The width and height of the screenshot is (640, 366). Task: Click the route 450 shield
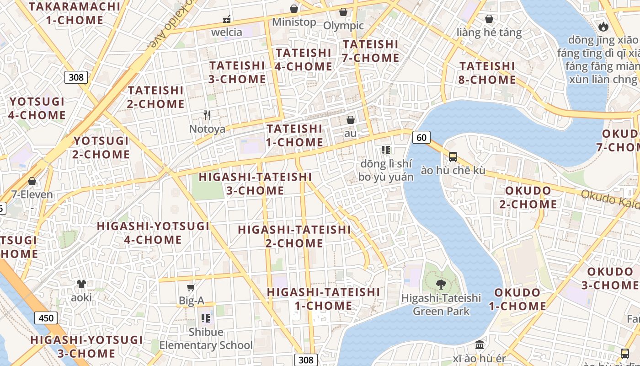[x=46, y=318]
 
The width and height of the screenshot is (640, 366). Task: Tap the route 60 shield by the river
[x=421, y=137]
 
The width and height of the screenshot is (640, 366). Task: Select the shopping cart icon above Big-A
[x=191, y=288]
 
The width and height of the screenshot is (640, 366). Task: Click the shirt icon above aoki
[x=81, y=284]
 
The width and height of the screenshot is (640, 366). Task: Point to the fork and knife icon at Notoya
[x=207, y=115]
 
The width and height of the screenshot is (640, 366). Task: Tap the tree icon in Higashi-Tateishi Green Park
[x=441, y=285]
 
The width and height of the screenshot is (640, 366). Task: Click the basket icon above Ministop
[x=294, y=9]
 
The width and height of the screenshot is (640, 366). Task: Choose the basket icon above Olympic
[x=343, y=12]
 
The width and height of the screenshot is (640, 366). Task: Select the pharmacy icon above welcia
[x=226, y=19]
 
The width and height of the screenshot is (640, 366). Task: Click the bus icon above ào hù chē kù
[x=453, y=157]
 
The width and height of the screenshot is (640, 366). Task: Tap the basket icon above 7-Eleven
[x=32, y=181]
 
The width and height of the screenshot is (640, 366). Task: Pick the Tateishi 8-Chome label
[x=487, y=73]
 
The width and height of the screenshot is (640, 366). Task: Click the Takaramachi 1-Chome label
[x=75, y=13]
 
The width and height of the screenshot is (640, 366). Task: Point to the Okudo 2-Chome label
[x=528, y=197]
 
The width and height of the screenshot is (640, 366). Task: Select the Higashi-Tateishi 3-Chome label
[x=255, y=183]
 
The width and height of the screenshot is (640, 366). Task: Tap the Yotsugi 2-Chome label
[x=101, y=147]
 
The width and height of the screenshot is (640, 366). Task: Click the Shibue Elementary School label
[x=206, y=339]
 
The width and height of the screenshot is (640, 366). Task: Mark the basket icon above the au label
[x=351, y=120]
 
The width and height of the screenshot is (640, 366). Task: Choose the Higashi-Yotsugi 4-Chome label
[x=153, y=233]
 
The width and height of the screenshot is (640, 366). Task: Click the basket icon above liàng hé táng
[x=489, y=19]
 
